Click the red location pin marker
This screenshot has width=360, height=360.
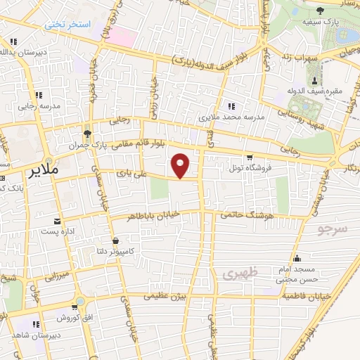pyautogui.click(x=181, y=164)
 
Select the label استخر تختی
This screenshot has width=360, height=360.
pyautogui.click(x=68, y=25)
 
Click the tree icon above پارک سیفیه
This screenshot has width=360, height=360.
pyautogui.click(x=321, y=11)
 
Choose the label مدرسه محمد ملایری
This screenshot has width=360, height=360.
pyautogui.click(x=231, y=117)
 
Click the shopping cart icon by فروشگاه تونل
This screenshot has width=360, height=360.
pyautogui.click(x=249, y=157)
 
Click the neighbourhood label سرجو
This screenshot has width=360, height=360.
pyautogui.click(x=332, y=229)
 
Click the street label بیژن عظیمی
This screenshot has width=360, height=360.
pyautogui.click(x=167, y=297)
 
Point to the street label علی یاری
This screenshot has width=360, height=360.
pyautogui.click(x=134, y=171)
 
